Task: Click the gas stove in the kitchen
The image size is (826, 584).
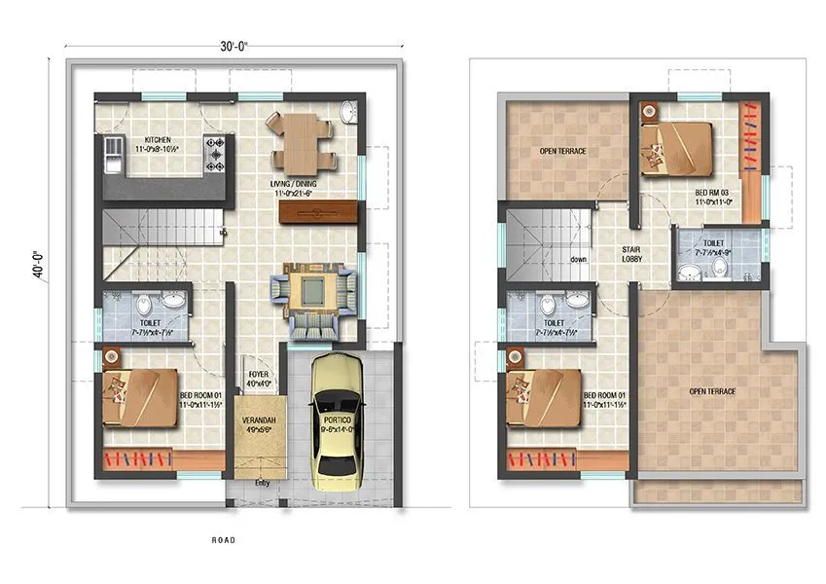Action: (x=215, y=154)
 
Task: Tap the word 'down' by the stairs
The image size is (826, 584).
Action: (x=578, y=260)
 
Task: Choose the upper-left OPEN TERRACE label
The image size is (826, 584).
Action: (x=562, y=152)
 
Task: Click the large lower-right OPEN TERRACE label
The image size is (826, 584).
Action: (x=712, y=391)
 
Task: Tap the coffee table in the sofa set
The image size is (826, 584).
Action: (x=312, y=288)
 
